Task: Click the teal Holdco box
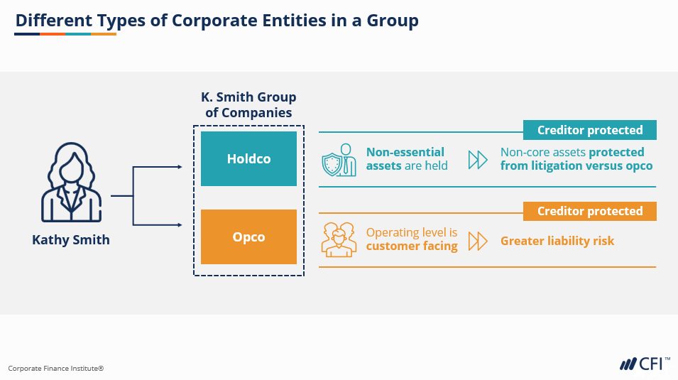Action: pyautogui.click(x=248, y=158)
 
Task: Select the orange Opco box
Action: pyautogui.click(x=248, y=237)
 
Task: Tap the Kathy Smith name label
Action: pyautogui.click(x=71, y=239)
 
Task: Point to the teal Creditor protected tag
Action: pyautogui.click(x=589, y=130)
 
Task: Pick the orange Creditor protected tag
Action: pyautogui.click(x=589, y=211)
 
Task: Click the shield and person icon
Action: pyautogui.click(x=338, y=159)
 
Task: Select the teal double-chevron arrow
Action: pyautogui.click(x=478, y=160)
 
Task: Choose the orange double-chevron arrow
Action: pyautogui.click(x=478, y=241)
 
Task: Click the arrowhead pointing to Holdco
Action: pyautogui.click(x=179, y=167)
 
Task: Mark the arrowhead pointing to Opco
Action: pyautogui.click(x=179, y=224)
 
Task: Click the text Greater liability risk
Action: pyautogui.click(x=557, y=241)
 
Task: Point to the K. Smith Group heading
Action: pyautogui.click(x=248, y=104)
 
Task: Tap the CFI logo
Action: pyautogui.click(x=643, y=364)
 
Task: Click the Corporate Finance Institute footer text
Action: pyautogui.click(x=56, y=368)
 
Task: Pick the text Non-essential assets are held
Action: pyautogui.click(x=406, y=158)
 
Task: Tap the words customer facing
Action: pyautogui.click(x=412, y=246)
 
